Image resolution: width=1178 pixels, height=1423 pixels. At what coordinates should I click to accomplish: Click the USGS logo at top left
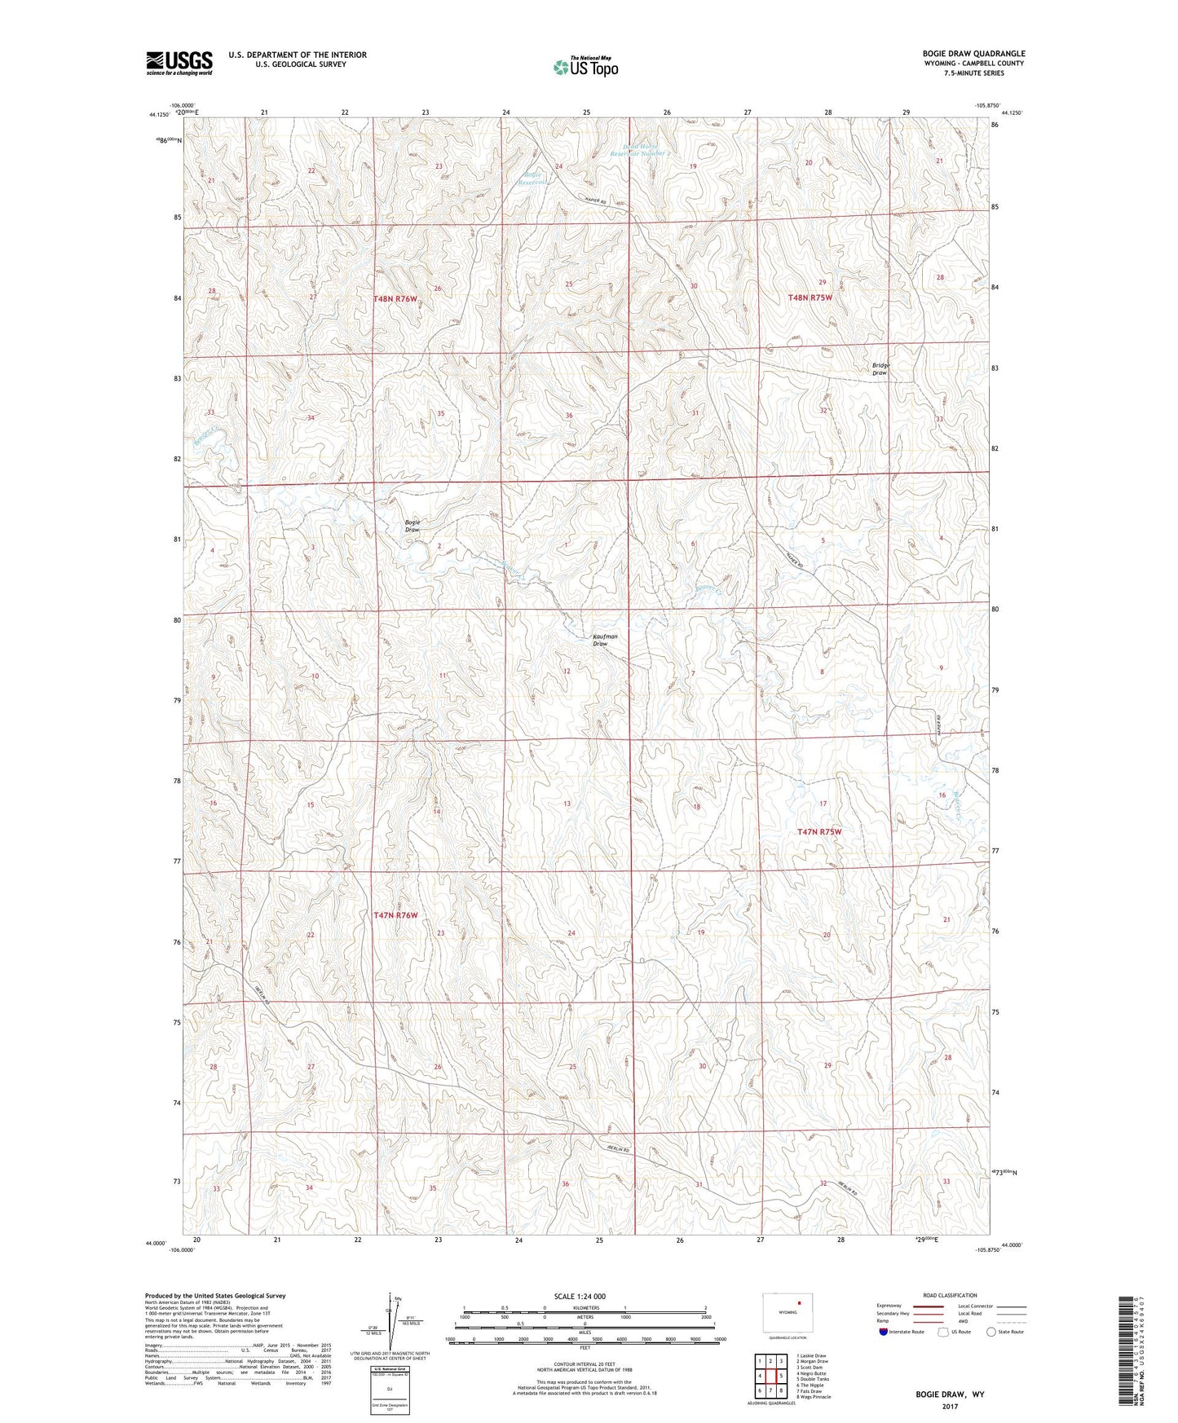click(179, 62)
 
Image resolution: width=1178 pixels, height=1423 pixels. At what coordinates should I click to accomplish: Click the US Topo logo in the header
click(585, 67)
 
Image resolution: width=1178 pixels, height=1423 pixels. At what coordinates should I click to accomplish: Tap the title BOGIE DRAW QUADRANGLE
click(973, 54)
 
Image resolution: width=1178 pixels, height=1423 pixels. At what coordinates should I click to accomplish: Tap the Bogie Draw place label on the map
click(413, 526)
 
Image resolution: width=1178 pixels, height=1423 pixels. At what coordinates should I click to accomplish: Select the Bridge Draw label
click(880, 369)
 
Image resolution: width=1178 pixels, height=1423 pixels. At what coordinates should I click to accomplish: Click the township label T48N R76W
click(395, 299)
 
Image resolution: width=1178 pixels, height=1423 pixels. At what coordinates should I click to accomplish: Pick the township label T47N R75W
click(818, 832)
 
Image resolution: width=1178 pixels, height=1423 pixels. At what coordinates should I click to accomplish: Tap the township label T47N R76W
click(395, 915)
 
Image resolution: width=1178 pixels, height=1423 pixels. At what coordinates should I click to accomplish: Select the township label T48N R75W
click(810, 297)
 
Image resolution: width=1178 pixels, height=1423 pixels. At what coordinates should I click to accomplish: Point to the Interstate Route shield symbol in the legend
click(885, 1332)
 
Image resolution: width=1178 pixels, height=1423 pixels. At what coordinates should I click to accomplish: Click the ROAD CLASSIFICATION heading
click(950, 1295)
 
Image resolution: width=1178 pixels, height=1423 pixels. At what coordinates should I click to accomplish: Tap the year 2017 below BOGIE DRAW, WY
click(949, 1406)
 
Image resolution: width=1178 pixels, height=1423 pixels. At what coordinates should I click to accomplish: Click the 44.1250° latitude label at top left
click(160, 115)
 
